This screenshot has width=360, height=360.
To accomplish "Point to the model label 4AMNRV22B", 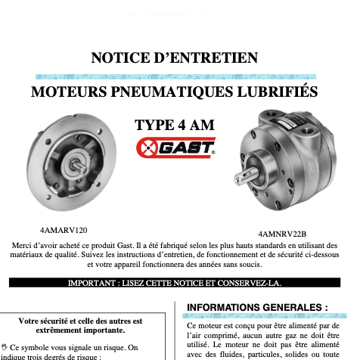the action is coord(282,234).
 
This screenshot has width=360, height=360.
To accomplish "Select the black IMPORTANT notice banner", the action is coord(179,283).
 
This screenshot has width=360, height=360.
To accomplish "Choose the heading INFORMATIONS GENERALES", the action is coord(257,308).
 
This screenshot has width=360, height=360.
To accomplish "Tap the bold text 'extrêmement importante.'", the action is coord(81,331).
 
